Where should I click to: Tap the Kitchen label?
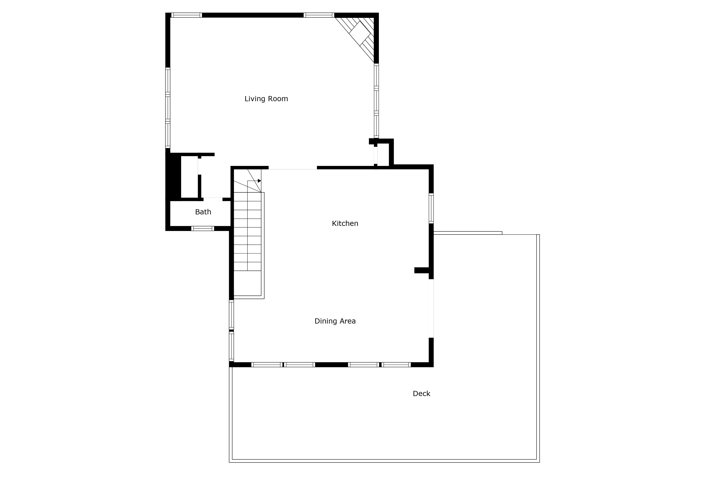(x=345, y=223)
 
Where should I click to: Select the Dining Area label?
(x=335, y=321)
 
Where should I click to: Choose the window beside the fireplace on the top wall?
(x=319, y=15)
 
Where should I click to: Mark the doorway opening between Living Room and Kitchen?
(x=292, y=168)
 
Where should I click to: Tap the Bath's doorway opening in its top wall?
(x=213, y=200)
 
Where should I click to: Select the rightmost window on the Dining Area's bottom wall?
(x=396, y=365)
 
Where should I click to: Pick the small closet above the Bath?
(x=189, y=177)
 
